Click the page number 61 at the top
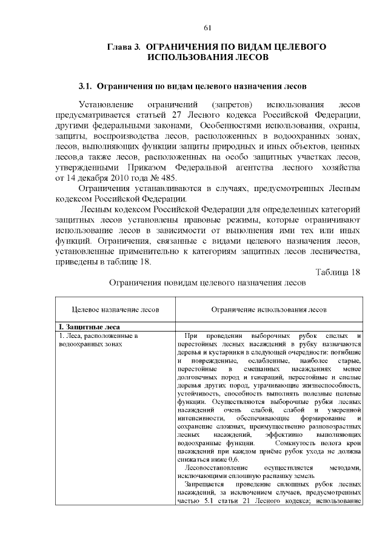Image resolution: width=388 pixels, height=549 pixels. [x=207, y=28]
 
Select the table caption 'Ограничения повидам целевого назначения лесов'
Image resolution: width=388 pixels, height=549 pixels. [x=207, y=283]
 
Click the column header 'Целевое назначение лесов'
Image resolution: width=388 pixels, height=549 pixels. [x=116, y=309]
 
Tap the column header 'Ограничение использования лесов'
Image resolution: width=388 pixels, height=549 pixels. [x=269, y=309]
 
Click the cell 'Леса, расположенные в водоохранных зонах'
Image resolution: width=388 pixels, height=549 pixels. [x=98, y=340]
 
